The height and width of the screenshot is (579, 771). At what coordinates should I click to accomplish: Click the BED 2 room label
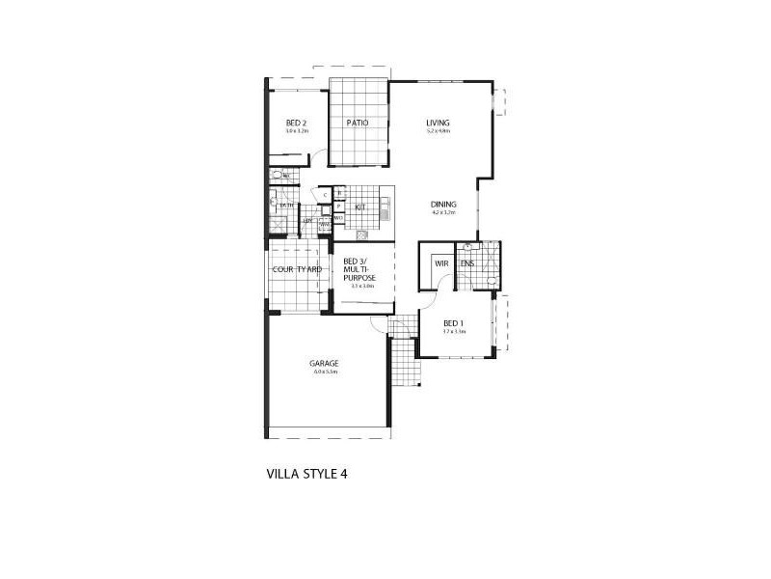pyautogui.click(x=296, y=123)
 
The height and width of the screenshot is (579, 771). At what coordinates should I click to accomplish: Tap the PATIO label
pyautogui.click(x=359, y=123)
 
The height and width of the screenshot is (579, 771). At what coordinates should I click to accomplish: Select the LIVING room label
pyautogui.click(x=439, y=123)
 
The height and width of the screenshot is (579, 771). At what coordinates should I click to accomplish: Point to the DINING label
pyautogui.click(x=443, y=204)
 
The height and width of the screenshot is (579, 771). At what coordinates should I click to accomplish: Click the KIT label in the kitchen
pyautogui.click(x=359, y=207)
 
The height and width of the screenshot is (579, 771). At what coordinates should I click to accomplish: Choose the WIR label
pyautogui.click(x=441, y=262)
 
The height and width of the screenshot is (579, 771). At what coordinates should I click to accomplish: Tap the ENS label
pyautogui.click(x=466, y=262)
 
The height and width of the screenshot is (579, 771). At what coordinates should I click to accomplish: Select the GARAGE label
pyautogui.click(x=323, y=364)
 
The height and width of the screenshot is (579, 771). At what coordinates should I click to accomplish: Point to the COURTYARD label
pyautogui.click(x=297, y=269)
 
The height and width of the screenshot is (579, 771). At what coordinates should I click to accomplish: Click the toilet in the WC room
pyautogui.click(x=277, y=176)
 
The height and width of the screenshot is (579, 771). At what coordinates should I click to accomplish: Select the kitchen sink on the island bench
pyautogui.click(x=384, y=207)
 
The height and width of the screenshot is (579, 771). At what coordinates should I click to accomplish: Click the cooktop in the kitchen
pyautogui.click(x=361, y=234)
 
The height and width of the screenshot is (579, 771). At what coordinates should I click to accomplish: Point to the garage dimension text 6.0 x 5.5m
pyautogui.click(x=323, y=372)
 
